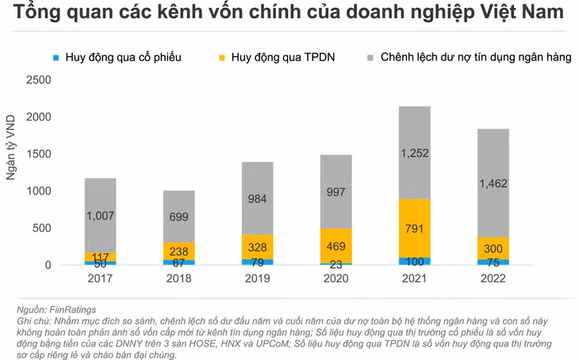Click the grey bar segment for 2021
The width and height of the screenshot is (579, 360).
414,153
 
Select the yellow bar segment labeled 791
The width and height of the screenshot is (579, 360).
414,228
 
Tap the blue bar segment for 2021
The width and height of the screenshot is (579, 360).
414,262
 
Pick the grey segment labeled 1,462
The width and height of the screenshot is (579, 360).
493,183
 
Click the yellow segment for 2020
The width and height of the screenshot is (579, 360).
336,246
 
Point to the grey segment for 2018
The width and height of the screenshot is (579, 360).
178,216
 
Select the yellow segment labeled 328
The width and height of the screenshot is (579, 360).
257,247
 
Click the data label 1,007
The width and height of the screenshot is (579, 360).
100,216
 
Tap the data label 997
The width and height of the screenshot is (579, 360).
336,192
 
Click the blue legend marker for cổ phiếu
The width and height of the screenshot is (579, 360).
56,58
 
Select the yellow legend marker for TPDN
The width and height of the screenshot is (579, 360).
222,58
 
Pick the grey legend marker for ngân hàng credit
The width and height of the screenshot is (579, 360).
370,58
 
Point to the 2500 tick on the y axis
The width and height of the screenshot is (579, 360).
38,80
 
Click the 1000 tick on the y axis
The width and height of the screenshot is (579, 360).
38,191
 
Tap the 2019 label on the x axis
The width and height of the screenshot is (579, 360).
257,278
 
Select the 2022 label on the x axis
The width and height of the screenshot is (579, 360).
493,278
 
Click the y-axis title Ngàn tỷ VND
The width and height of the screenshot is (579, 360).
11,147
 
